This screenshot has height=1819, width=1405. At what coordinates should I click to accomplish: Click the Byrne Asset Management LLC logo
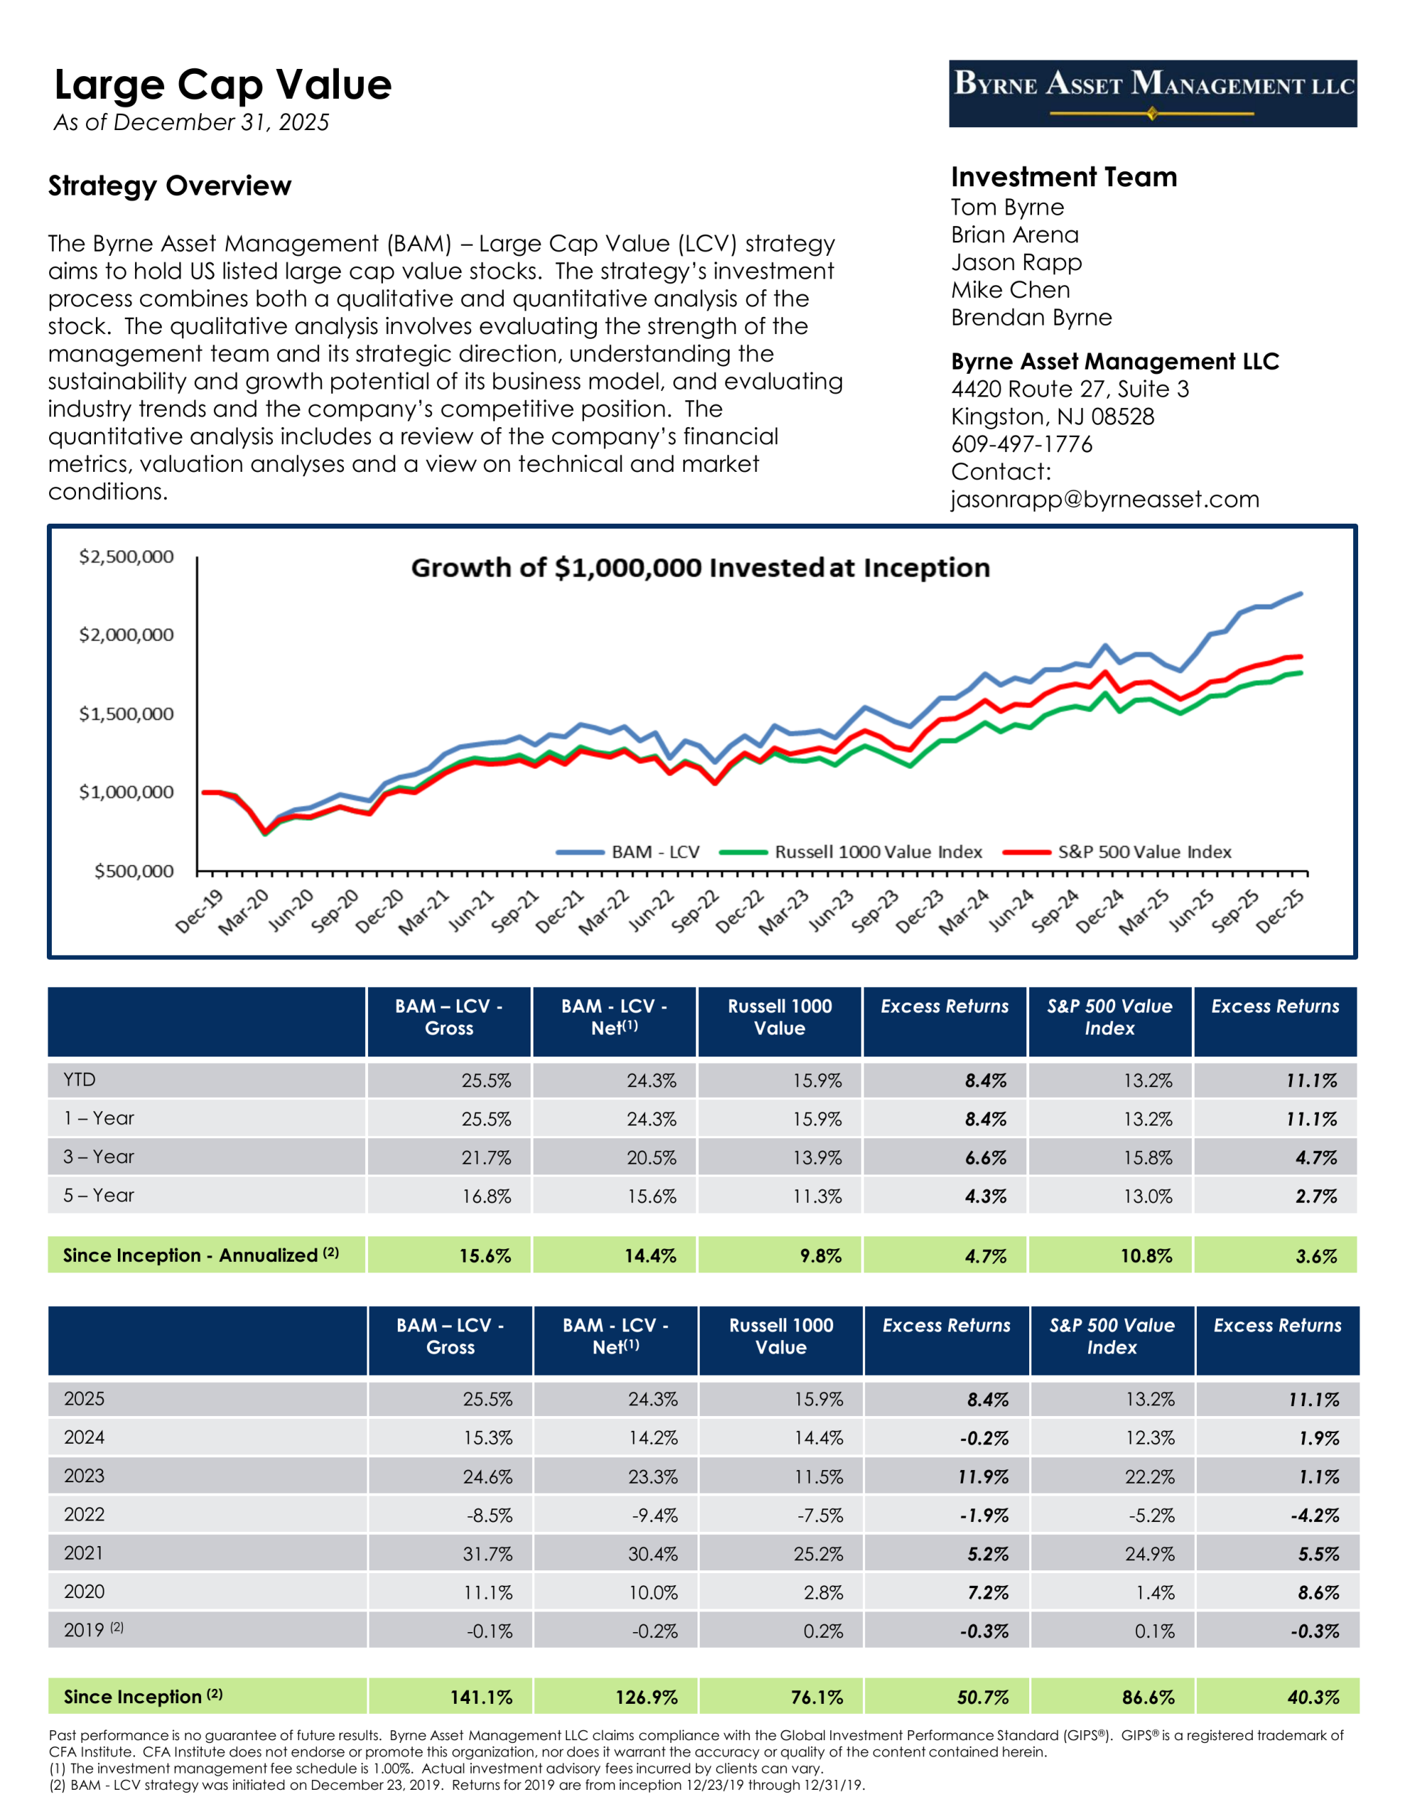click(x=1152, y=93)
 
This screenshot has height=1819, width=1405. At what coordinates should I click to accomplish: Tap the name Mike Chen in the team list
click(x=1010, y=290)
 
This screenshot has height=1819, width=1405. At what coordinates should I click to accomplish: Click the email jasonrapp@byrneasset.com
click(x=1105, y=499)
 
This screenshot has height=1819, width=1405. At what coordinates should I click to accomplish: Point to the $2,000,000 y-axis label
click(x=126, y=635)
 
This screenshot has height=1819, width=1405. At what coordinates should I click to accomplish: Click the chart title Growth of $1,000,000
click(x=700, y=568)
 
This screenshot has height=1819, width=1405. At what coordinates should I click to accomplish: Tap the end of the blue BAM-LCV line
click(x=1300, y=594)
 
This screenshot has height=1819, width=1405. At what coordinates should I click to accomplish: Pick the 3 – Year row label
click(x=98, y=1157)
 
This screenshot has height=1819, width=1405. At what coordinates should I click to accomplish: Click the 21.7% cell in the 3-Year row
click(x=487, y=1157)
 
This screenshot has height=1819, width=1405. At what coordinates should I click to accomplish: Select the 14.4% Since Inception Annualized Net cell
click(x=650, y=1255)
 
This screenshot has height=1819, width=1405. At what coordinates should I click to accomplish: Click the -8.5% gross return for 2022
click(x=489, y=1515)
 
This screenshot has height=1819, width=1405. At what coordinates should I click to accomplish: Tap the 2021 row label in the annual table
click(x=83, y=1553)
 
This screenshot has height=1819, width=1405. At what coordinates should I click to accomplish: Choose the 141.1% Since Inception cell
click(x=482, y=1697)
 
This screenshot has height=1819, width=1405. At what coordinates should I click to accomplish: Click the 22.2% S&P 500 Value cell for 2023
click(x=1149, y=1477)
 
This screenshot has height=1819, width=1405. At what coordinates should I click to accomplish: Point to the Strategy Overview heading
click(x=170, y=185)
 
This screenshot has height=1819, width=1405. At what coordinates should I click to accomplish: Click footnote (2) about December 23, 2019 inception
click(x=457, y=1785)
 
